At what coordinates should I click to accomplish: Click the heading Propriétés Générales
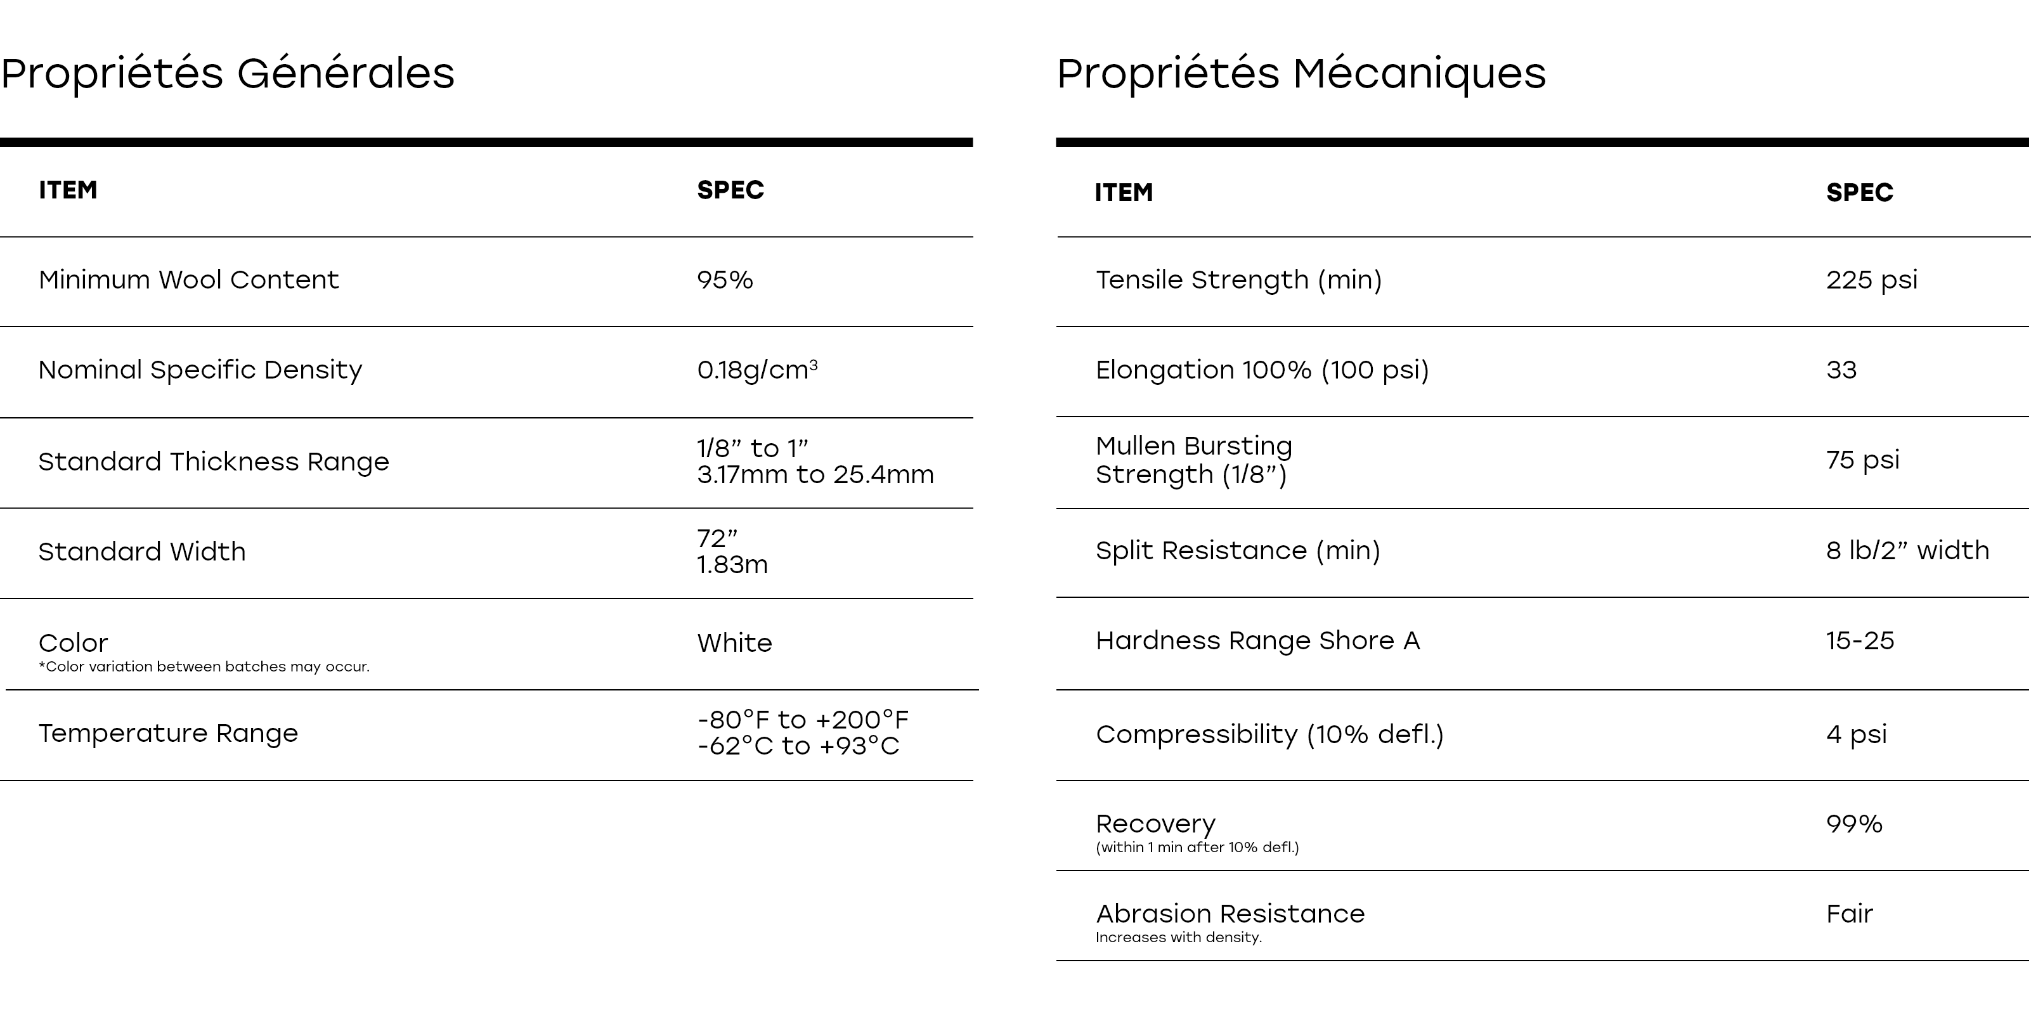point(227,74)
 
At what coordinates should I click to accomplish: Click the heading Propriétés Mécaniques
point(1301,74)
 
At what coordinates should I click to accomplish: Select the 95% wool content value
point(725,280)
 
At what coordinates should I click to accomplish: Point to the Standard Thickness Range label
point(214,461)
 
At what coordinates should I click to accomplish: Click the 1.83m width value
point(732,564)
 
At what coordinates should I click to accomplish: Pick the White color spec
point(734,642)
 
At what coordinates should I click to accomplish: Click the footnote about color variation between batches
point(204,667)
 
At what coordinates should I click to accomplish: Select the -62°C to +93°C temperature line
point(798,746)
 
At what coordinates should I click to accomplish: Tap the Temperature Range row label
point(168,733)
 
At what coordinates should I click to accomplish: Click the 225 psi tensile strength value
point(1871,280)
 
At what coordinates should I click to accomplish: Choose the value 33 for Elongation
point(1841,370)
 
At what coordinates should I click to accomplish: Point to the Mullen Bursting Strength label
point(1194,460)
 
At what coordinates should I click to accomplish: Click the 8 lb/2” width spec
point(1907,550)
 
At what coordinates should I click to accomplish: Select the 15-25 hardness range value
point(1859,640)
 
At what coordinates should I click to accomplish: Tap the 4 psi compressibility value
point(1856,734)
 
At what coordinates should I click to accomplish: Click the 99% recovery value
point(1853,824)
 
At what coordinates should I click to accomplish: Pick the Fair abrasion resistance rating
point(1849,914)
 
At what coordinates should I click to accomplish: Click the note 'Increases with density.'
point(1178,937)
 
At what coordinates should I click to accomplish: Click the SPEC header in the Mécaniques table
point(1859,192)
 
